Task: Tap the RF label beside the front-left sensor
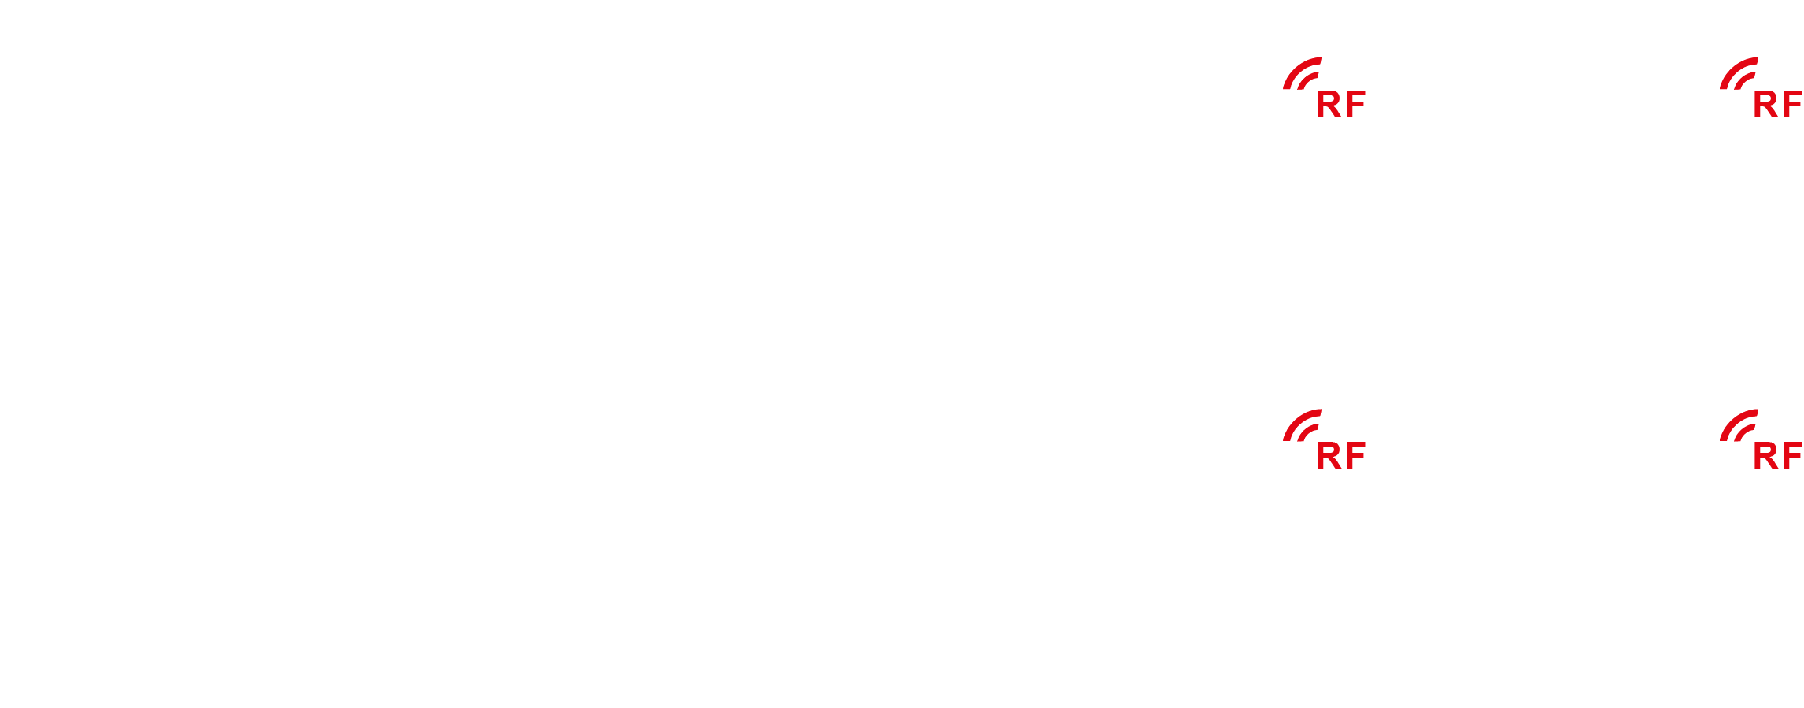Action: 1340,105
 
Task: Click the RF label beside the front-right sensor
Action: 1777,105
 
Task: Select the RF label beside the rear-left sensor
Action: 1340,456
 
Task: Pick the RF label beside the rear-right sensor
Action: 1777,456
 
